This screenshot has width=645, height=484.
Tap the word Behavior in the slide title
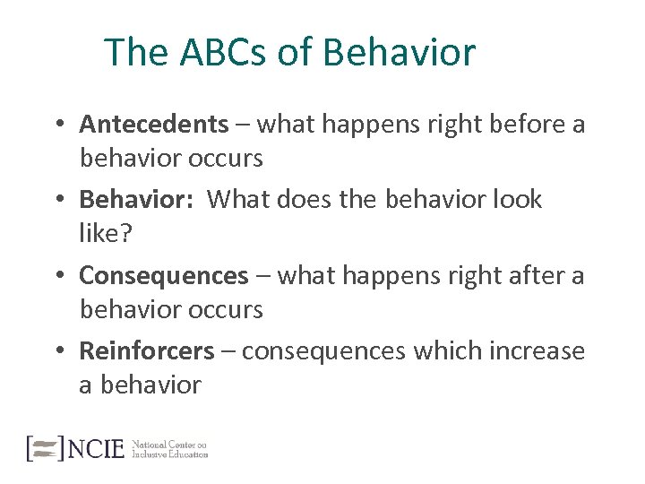pyautogui.click(x=399, y=53)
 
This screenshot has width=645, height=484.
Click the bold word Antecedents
pyautogui.click(x=154, y=124)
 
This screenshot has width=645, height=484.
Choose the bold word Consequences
pyautogui.click(x=163, y=275)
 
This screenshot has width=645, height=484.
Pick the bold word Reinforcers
pyautogui.click(x=147, y=350)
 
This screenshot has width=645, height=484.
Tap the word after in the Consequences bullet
pyautogui.click(x=523, y=275)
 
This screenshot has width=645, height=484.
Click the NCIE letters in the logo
pyautogui.click(x=97, y=448)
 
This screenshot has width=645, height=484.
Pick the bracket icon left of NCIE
pyautogui.click(x=45, y=448)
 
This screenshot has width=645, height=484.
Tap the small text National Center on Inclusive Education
pyautogui.click(x=169, y=449)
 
